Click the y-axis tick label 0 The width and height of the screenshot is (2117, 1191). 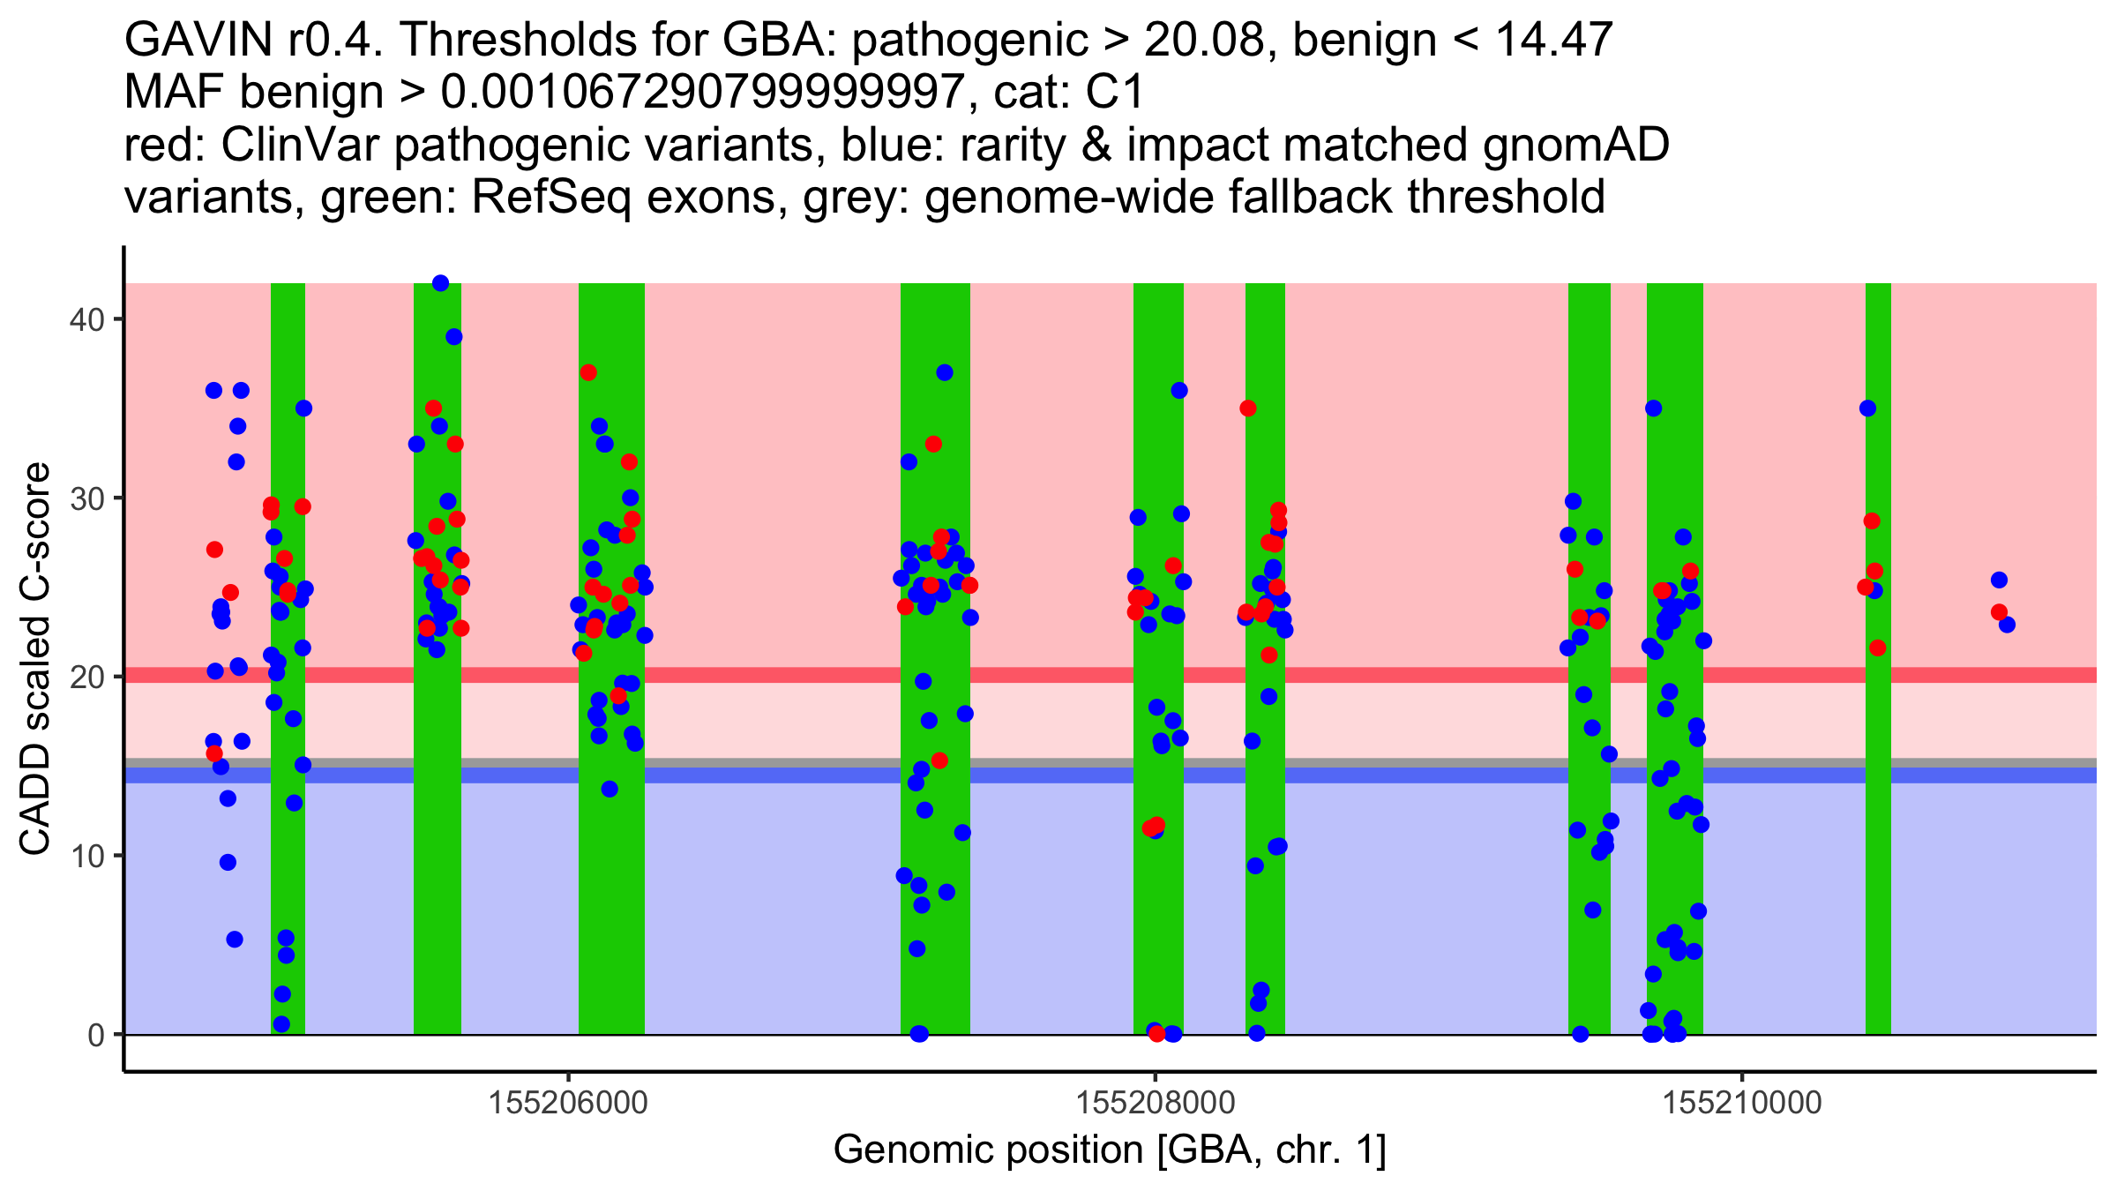point(95,1035)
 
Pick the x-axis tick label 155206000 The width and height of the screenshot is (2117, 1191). point(568,1103)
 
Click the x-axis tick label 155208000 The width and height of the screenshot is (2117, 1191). point(1154,1103)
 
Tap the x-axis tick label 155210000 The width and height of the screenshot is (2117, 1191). point(1741,1103)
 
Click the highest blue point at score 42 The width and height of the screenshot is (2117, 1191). point(440,283)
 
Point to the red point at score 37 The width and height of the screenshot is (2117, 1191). point(588,372)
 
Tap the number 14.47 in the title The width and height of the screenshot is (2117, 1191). point(1552,40)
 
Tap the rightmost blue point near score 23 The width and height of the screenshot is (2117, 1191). point(2007,625)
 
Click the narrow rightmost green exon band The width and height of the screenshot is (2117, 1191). point(1878,794)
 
